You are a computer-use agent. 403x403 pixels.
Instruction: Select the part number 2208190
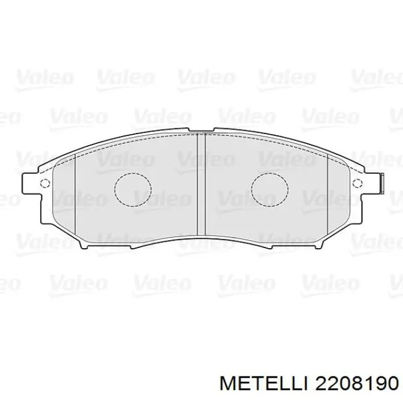pyautogui.click(x=353, y=382)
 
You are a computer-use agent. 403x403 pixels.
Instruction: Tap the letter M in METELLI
pyautogui.click(x=238, y=382)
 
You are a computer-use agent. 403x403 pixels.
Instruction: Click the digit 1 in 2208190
pyautogui.click(x=364, y=382)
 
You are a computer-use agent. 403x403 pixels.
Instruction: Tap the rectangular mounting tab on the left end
pyautogui.click(x=30, y=184)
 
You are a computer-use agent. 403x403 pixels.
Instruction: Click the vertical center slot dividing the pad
pyautogui.click(x=201, y=184)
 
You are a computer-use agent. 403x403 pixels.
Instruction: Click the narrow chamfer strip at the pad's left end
pyautogui.click(x=64, y=196)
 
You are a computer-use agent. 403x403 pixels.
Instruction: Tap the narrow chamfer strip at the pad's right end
pyautogui.click(x=339, y=196)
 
